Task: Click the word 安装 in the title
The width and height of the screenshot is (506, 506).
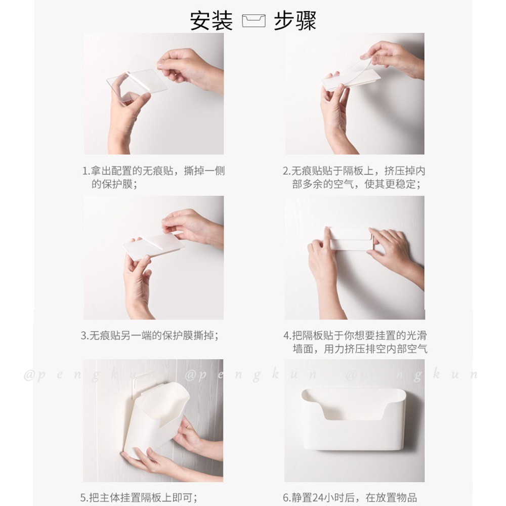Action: (211, 21)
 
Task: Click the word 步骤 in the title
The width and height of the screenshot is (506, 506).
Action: (295, 21)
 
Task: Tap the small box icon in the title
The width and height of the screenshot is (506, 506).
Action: (254, 21)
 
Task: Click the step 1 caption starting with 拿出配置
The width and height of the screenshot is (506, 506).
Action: (154, 177)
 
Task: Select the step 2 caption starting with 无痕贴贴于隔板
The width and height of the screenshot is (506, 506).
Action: (354, 177)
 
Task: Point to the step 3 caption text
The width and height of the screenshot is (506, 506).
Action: (150, 335)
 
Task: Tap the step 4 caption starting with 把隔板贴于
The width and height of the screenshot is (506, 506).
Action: (355, 342)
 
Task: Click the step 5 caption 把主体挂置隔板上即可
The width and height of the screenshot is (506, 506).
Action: (139, 497)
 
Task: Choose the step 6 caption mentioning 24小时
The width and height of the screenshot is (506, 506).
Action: (350, 497)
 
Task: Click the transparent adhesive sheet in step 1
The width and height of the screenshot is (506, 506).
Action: (137, 85)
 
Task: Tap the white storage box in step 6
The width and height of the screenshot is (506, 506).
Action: (353, 419)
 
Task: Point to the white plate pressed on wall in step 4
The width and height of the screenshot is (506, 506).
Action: (351, 239)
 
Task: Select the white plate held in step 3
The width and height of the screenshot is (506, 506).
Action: (153, 246)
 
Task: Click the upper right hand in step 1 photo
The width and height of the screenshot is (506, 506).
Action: (190, 71)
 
